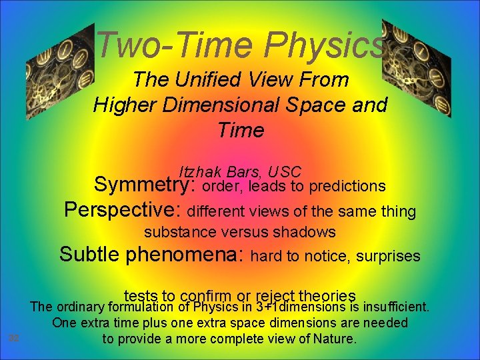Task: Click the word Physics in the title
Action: [x=325, y=46]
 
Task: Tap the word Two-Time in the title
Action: [x=176, y=46]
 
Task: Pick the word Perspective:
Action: [x=123, y=211]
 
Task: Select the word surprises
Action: [x=389, y=256]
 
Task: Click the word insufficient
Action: [x=394, y=307]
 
